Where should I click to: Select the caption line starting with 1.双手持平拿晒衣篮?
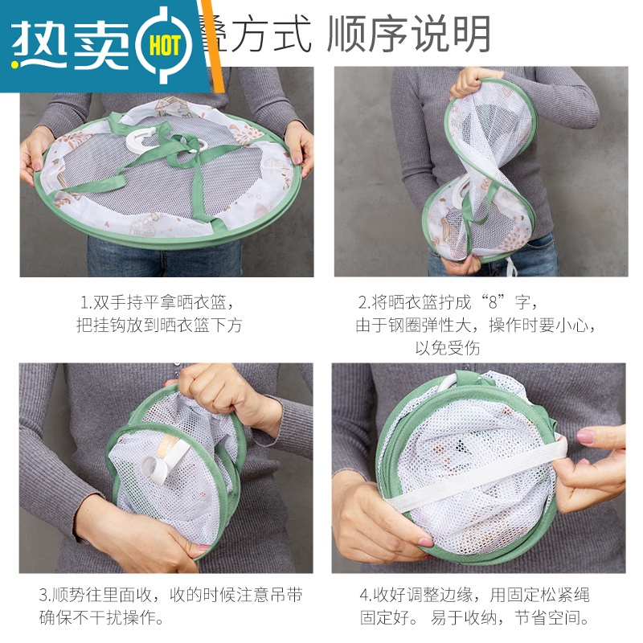pos(159,303)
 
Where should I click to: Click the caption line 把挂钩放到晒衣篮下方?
pos(158,326)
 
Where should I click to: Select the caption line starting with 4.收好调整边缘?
pos(474,596)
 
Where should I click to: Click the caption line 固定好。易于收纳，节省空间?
pos(474,618)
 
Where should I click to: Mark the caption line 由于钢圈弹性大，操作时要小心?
pos(479,326)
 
